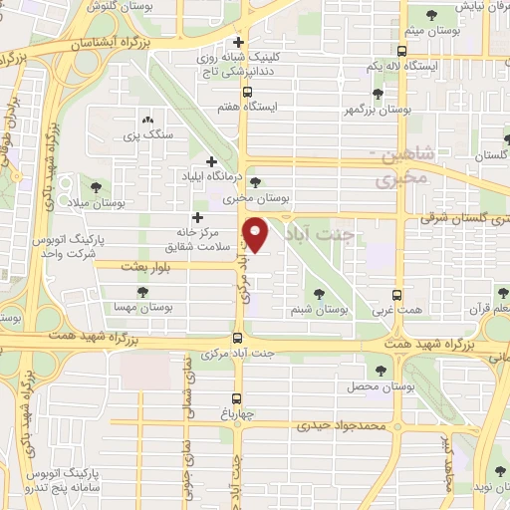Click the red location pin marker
tap(258, 235)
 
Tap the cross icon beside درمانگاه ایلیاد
tap(211, 161)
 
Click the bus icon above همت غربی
tap(397, 295)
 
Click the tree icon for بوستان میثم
tap(431, 15)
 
